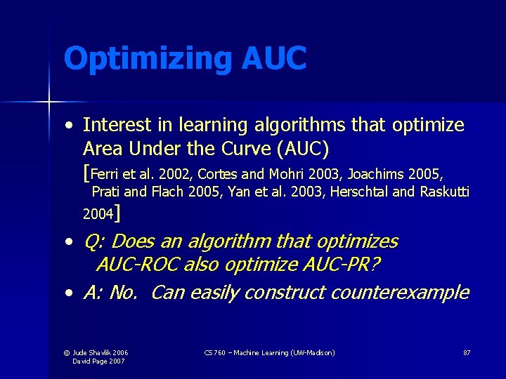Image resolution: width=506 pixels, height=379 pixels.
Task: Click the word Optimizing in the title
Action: tap(147, 59)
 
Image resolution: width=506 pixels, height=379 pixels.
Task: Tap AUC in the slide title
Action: tap(274, 58)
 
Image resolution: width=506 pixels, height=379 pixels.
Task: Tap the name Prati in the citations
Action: tap(106, 192)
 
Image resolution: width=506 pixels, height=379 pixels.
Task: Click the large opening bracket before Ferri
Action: tap(86, 172)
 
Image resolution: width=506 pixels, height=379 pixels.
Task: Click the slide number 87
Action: tap(467, 352)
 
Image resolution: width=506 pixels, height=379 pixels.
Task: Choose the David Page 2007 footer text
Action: tap(100, 361)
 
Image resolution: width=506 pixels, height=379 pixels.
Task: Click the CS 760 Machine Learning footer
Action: tap(269, 352)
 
